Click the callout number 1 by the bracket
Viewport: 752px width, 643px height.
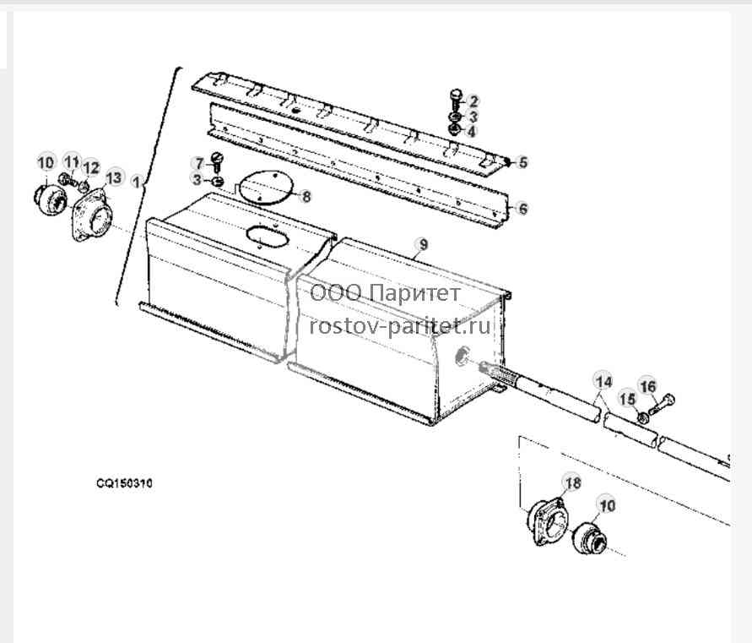tap(137, 183)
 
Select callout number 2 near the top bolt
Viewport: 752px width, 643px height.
tap(473, 101)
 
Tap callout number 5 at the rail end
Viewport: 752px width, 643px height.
tap(522, 163)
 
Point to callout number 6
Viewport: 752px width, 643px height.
tap(522, 209)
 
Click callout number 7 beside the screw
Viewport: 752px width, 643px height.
tap(199, 163)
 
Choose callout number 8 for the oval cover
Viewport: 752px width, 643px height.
tap(306, 196)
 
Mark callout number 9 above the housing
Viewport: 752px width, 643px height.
tap(423, 245)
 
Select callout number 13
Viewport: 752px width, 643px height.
tap(114, 178)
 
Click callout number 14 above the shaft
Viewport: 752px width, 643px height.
tap(603, 382)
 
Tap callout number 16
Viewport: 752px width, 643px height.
tap(648, 387)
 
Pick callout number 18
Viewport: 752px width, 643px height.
tap(573, 482)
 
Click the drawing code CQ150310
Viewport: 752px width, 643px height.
tap(124, 483)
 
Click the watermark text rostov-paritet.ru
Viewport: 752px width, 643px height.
tap(400, 326)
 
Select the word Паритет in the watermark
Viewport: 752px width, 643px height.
tap(416, 292)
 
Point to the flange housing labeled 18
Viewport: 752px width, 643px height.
tap(546, 522)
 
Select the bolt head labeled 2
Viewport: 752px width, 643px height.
tap(456, 93)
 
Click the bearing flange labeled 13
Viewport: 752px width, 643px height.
tap(92, 215)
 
